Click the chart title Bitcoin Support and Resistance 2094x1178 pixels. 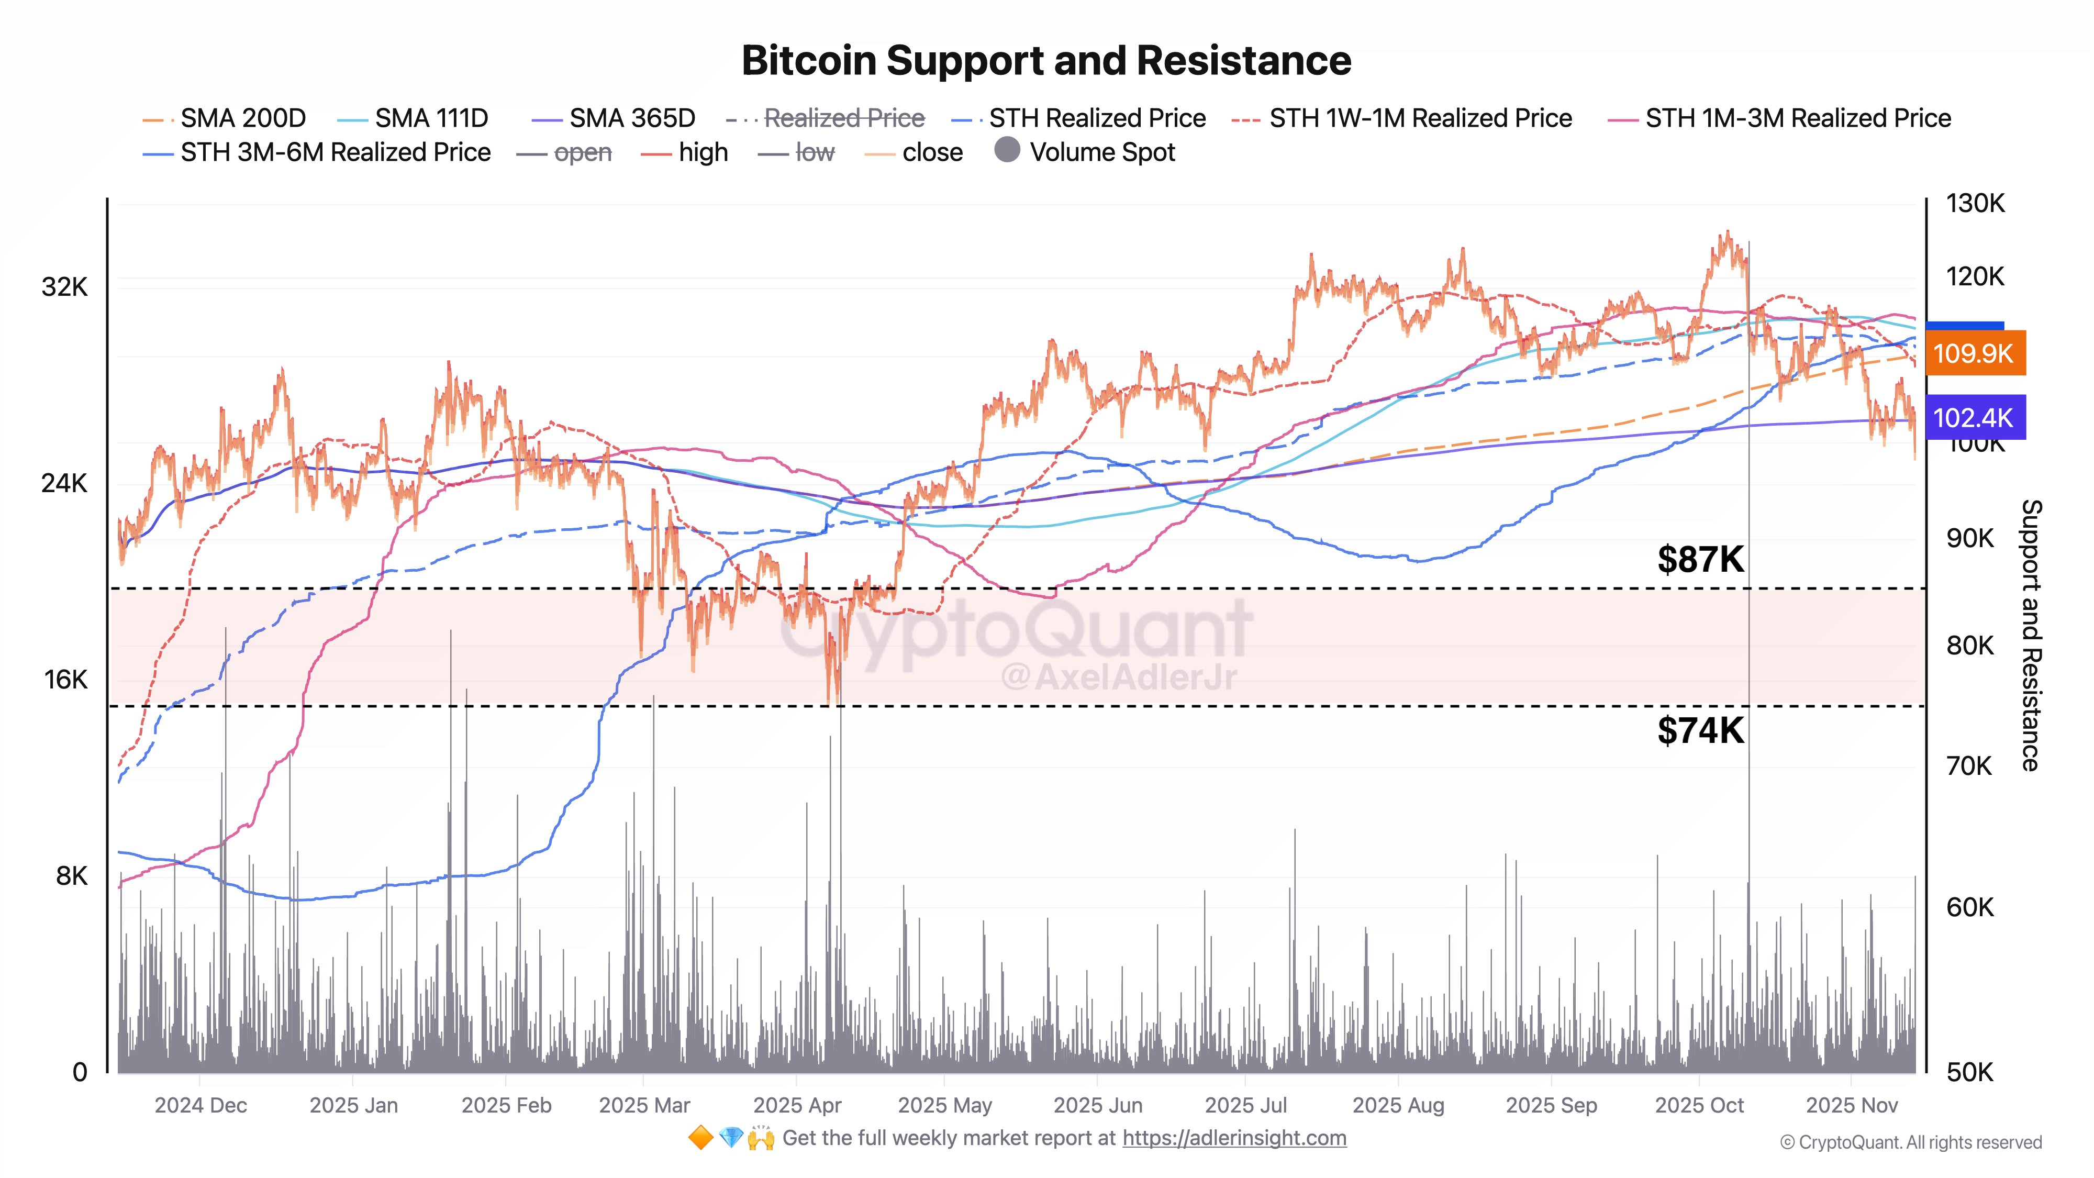pyautogui.click(x=1046, y=61)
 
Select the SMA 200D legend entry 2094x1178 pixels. pyautogui.click(x=242, y=119)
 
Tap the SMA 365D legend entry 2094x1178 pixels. pyautogui.click(x=632, y=119)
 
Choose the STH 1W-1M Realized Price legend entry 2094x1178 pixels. pyautogui.click(x=1420, y=119)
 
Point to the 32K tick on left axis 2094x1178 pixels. pyautogui.click(x=64, y=287)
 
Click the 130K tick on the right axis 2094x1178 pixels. pyautogui.click(x=1975, y=203)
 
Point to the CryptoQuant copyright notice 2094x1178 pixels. pyautogui.click(x=1910, y=1143)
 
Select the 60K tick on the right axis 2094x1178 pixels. pyautogui.click(x=1969, y=907)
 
